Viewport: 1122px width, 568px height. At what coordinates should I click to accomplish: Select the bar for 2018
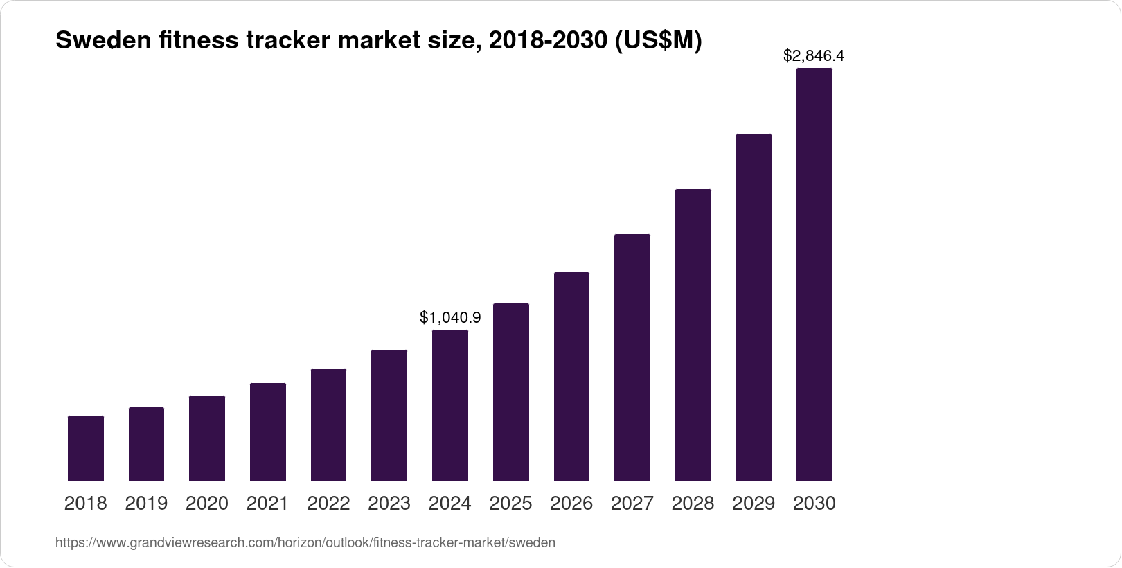(x=86, y=448)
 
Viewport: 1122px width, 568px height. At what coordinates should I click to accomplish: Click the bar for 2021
(x=268, y=432)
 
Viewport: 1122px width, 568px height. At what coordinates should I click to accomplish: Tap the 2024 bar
(x=450, y=405)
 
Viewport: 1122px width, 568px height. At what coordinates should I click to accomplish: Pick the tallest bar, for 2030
(x=814, y=274)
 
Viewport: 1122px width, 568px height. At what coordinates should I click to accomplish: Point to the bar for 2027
(x=632, y=357)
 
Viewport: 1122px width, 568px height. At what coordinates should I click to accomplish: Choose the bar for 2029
(x=754, y=307)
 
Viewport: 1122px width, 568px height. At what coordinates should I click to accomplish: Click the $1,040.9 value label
(x=450, y=318)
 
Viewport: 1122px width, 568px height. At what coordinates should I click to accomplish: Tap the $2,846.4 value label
(x=814, y=55)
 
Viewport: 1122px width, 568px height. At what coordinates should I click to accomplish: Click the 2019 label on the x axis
(x=146, y=504)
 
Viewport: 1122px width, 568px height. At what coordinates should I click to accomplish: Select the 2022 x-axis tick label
(x=328, y=504)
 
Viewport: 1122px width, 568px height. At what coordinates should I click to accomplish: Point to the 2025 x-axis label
(x=510, y=504)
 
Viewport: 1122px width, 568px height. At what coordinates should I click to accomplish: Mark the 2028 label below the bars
(x=693, y=504)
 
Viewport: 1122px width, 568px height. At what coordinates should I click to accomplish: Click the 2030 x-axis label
(x=814, y=504)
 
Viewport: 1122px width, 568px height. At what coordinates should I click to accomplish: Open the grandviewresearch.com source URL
(x=305, y=543)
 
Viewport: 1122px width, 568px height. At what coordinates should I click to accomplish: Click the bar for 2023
(x=389, y=415)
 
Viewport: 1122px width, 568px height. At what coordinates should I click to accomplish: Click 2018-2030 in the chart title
(x=547, y=42)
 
